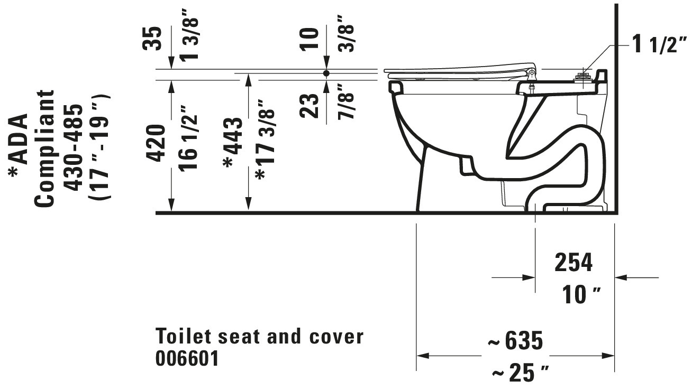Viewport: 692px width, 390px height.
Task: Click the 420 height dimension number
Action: pos(155,143)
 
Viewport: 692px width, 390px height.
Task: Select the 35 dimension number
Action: pos(152,39)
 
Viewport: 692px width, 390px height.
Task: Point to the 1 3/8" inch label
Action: pos(189,35)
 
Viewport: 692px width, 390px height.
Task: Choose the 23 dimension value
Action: pos(309,106)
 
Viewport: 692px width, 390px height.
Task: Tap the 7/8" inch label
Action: pos(345,102)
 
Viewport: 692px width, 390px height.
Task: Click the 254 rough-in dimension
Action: pos(573,263)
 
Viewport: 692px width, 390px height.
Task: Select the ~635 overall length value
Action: pos(515,340)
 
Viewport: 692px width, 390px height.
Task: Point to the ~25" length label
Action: pos(520,373)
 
